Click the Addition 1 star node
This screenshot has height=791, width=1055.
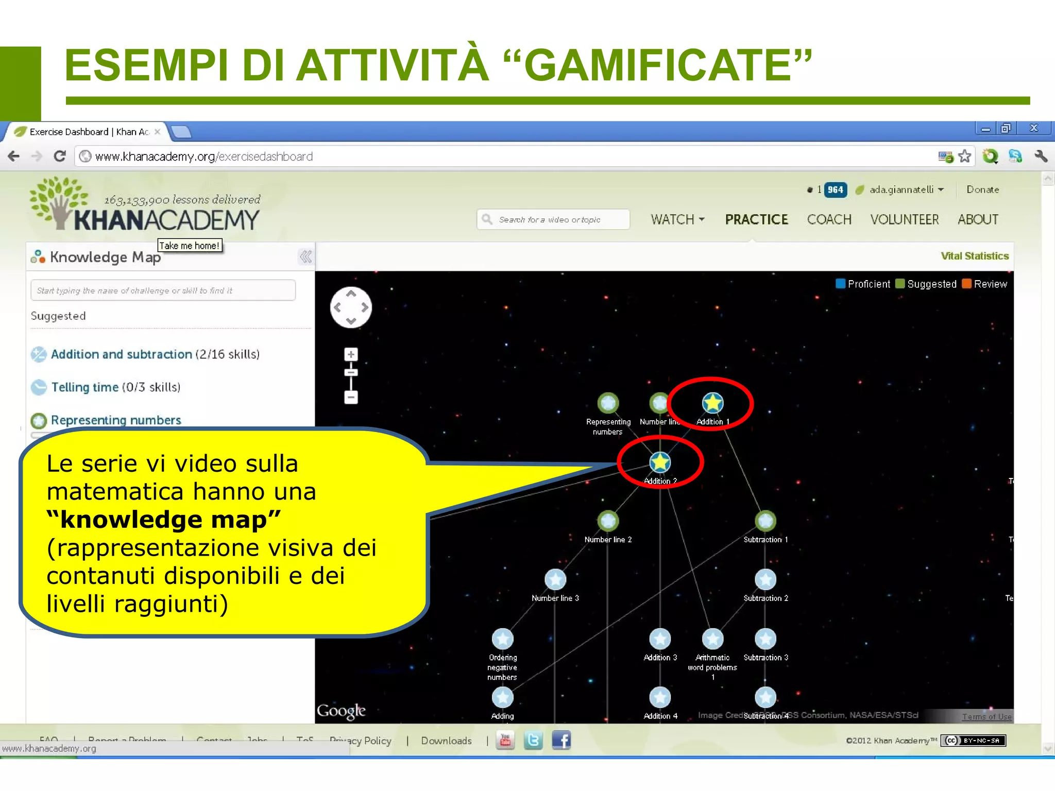(712, 403)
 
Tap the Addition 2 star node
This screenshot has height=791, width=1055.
(660, 462)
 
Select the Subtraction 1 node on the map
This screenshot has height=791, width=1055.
(765, 521)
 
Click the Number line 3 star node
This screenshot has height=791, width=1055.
(555, 579)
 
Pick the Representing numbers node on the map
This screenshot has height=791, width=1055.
(608, 403)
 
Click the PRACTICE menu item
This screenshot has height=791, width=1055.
(756, 219)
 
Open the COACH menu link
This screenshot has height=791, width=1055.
(829, 219)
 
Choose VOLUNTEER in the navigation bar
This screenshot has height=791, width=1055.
(904, 219)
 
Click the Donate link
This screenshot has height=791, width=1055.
(982, 190)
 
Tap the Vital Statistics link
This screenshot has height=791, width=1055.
(974, 256)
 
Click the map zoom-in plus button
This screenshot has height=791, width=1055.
(351, 354)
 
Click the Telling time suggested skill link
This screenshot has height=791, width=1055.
(85, 387)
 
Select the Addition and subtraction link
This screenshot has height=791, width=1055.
(121, 354)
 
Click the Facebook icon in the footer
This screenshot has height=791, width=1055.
(561, 741)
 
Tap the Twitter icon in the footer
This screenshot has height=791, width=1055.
(533, 741)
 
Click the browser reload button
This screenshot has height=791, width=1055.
(60, 156)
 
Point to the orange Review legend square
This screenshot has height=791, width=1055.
(966, 284)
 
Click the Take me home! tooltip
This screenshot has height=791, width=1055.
(189, 246)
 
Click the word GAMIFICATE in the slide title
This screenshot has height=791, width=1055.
(658, 65)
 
